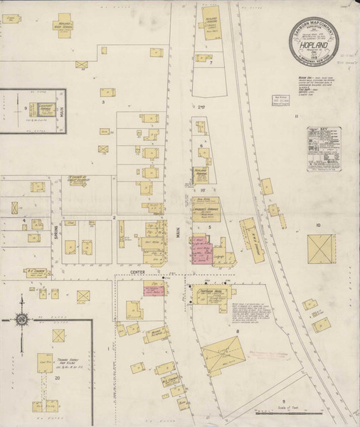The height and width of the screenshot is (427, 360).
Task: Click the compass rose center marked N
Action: tap(24, 317)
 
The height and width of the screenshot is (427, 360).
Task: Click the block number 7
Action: tap(211, 63)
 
